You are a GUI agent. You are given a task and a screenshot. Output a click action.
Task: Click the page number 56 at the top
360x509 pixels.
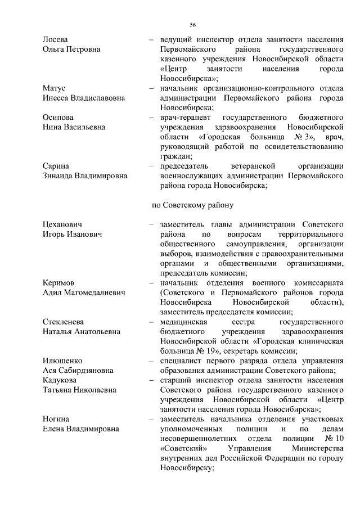point(192,25)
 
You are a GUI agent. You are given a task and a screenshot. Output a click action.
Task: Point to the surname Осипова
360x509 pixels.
point(58,117)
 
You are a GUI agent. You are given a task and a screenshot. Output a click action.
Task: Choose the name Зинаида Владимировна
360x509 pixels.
point(85,175)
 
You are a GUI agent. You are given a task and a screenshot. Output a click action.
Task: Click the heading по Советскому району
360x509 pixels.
point(189,205)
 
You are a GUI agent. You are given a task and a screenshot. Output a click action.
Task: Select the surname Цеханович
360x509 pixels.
point(62,224)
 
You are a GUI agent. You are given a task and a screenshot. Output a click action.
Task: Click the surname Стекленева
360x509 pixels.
point(63,322)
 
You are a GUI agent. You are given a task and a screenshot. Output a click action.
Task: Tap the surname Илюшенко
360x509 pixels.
point(62,361)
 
